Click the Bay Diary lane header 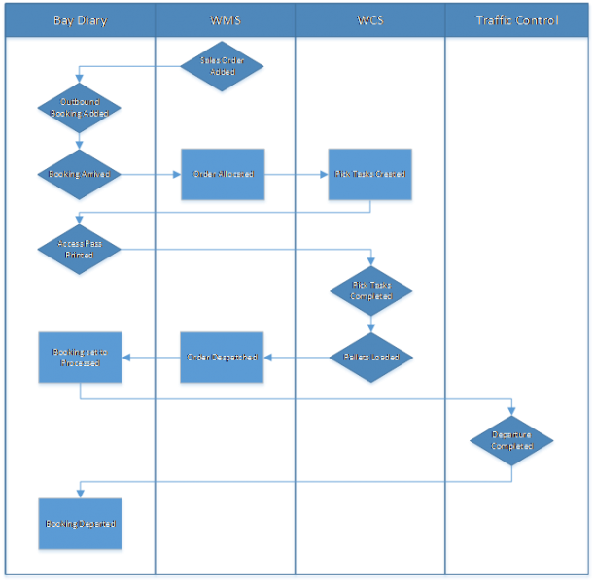pyautogui.click(x=80, y=20)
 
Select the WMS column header pyautogui.click(x=225, y=20)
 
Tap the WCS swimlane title pyautogui.click(x=369, y=20)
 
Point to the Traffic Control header pyautogui.click(x=518, y=20)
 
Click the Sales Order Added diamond pyautogui.click(x=222, y=66)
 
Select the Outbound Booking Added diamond pyautogui.click(x=79, y=107)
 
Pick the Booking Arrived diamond pyautogui.click(x=79, y=175)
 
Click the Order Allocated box pyautogui.click(x=222, y=175)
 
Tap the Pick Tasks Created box pyautogui.click(x=369, y=175)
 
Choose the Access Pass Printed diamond pyautogui.click(x=79, y=250)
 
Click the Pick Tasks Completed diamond pyautogui.click(x=369, y=290)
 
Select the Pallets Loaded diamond pyautogui.click(x=369, y=358)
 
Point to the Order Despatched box pyautogui.click(x=222, y=358)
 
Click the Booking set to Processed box pyautogui.click(x=80, y=358)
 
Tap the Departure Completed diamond pyautogui.click(x=511, y=441)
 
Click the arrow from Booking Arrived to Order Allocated pyautogui.click(x=151, y=175)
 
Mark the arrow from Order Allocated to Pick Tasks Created pyautogui.click(x=296, y=175)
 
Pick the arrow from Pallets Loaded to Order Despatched pyautogui.click(x=296, y=358)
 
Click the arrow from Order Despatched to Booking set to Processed pyautogui.click(x=151, y=358)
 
